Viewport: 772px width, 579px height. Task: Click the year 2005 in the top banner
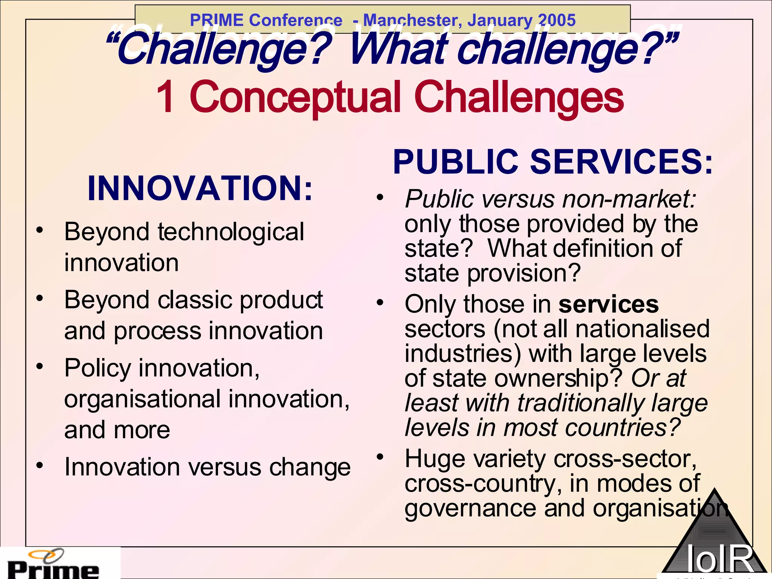557,20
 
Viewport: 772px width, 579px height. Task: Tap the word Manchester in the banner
411,20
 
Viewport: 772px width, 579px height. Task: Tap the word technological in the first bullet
231,231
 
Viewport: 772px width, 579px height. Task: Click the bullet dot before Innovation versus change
40,466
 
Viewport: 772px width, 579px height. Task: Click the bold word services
608,304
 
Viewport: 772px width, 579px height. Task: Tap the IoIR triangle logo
714,543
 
